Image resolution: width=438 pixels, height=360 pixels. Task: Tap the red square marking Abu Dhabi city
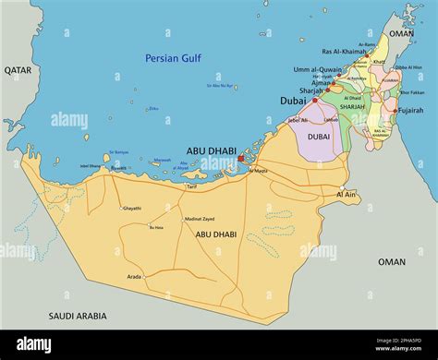(242, 159)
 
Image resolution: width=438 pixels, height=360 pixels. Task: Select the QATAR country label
(18, 69)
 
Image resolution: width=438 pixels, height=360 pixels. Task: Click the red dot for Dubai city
(314, 101)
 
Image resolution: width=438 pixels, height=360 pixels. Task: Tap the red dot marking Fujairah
(395, 112)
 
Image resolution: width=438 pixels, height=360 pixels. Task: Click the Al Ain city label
(347, 195)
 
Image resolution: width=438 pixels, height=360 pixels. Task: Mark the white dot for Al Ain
(341, 186)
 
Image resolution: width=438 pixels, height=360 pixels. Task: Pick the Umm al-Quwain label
(318, 69)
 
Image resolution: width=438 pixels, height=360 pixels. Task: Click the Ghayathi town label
(132, 208)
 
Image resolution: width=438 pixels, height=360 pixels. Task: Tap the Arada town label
(135, 276)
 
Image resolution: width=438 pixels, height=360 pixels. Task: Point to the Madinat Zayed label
(200, 219)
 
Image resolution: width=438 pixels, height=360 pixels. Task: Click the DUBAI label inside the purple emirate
(318, 136)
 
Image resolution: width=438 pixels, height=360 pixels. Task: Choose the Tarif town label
(192, 186)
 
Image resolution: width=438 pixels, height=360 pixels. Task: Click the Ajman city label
(320, 82)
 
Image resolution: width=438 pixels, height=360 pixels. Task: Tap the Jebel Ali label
(298, 119)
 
